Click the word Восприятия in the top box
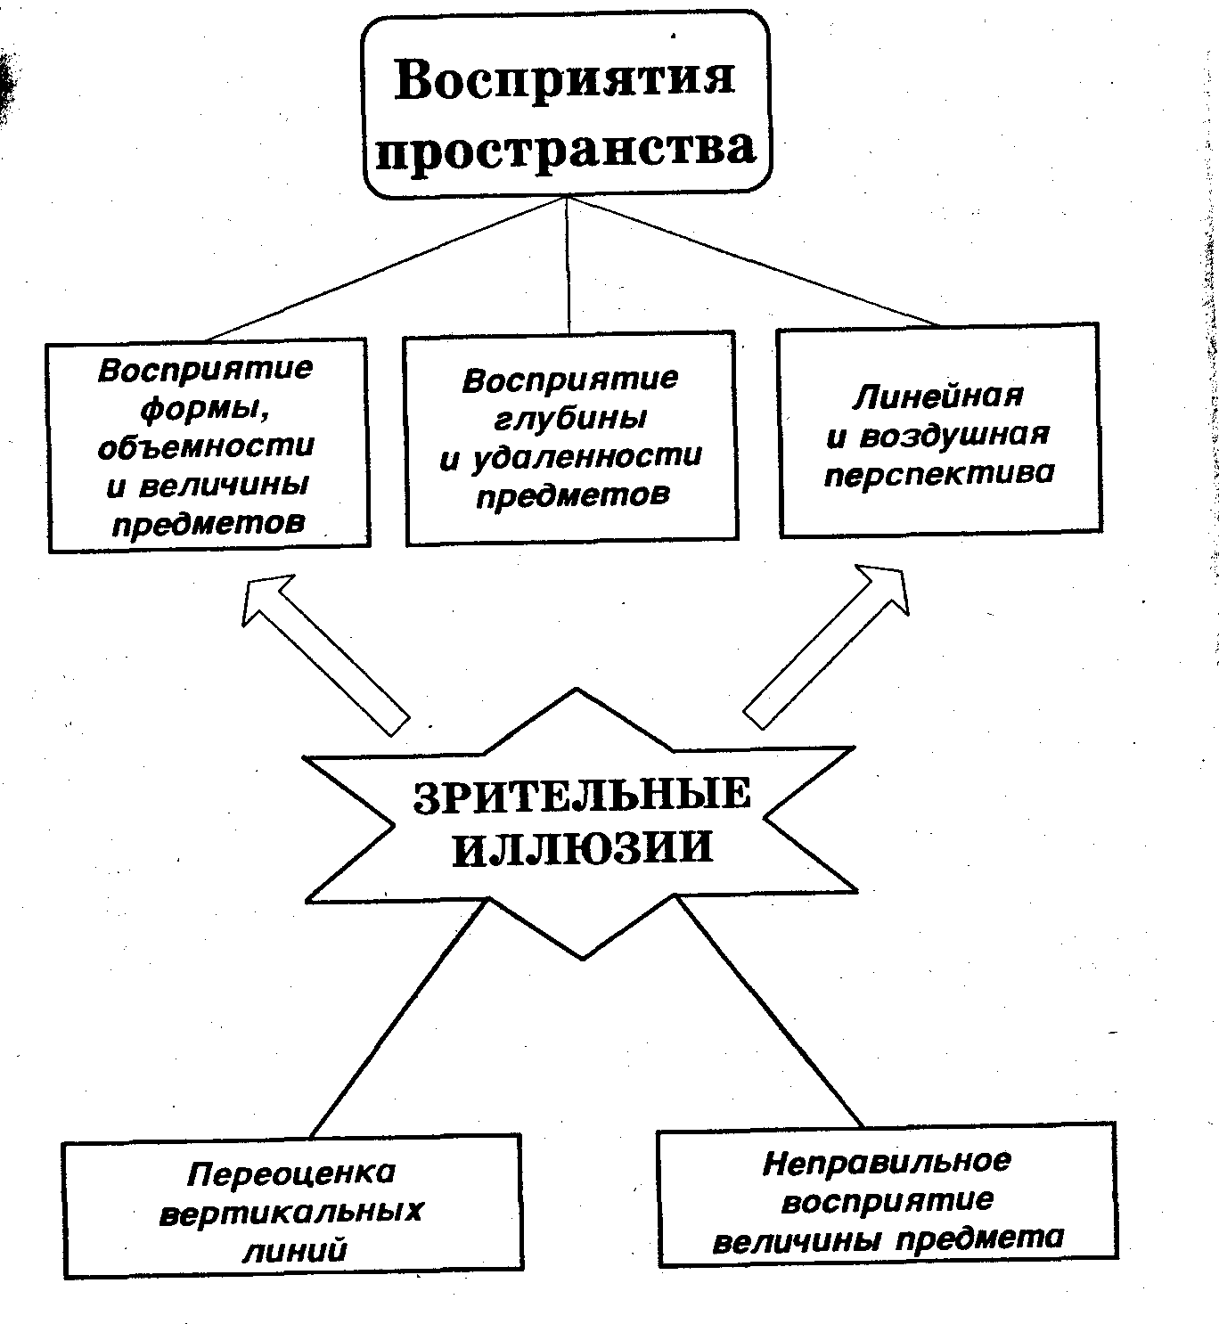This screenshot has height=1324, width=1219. (x=566, y=78)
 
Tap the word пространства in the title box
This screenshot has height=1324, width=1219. (x=566, y=149)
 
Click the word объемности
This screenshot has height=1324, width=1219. (x=206, y=445)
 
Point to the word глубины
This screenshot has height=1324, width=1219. (x=570, y=417)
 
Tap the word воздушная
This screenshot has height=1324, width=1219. (x=953, y=435)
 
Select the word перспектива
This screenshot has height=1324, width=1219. (x=939, y=473)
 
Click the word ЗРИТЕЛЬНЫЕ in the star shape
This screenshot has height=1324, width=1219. (x=582, y=795)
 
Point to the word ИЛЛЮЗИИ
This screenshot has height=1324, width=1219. (x=583, y=847)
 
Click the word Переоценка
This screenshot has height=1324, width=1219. (x=290, y=1173)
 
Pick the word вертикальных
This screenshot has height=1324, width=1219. (x=291, y=1212)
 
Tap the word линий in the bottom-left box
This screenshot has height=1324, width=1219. (x=294, y=1250)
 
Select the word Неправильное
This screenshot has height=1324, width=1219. (x=888, y=1162)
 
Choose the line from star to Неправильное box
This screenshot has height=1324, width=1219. (x=770, y=1013)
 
